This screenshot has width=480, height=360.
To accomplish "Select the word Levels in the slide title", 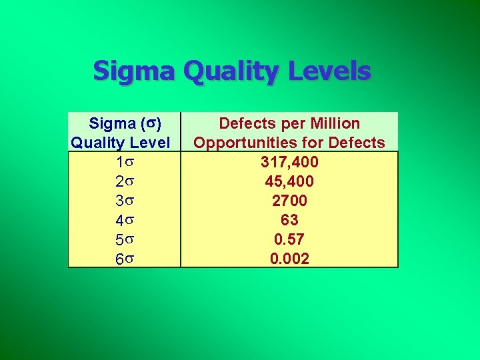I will coord(330,71).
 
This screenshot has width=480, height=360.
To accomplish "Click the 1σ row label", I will coord(124,162).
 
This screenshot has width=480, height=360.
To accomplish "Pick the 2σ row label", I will coord(124,181).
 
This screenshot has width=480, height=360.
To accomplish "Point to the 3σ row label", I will coord(124,201).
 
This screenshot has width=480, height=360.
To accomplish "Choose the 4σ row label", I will coord(124,220).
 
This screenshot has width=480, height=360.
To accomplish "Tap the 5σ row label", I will coord(124,239).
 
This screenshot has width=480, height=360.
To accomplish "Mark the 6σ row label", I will coord(124,259).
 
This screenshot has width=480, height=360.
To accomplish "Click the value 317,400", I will coord(289,162).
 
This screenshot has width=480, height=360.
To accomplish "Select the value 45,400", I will coord(289,181).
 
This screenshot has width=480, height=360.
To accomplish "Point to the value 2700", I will coord(289,201).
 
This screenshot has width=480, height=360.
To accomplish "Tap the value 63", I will coord(289,220).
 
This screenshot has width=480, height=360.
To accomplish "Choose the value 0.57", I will coord(289,239).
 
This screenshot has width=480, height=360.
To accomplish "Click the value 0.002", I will coord(289,259).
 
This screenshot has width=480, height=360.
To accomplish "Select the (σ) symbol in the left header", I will coord(149,123).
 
